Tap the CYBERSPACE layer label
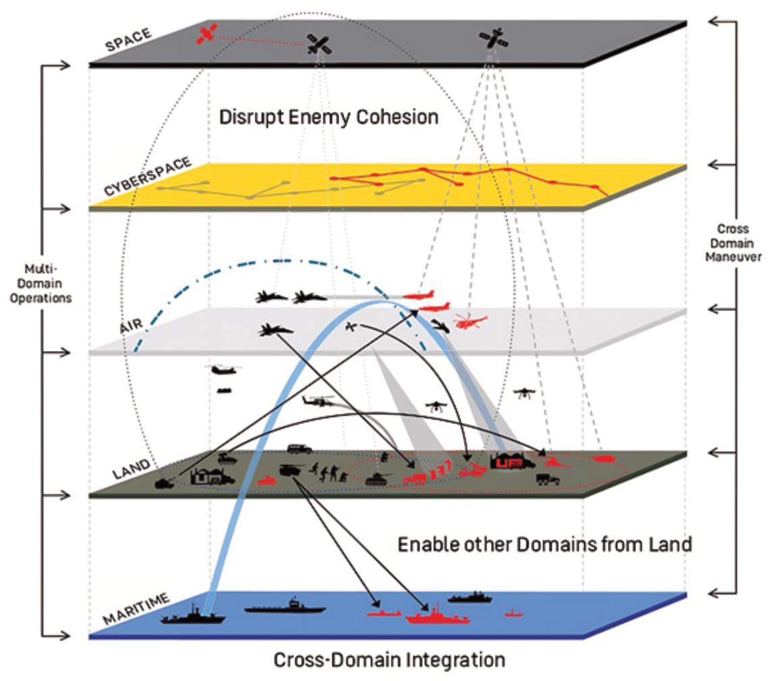point(147,177)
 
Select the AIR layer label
point(132,325)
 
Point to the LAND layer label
point(132,468)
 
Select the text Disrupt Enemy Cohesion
point(329,117)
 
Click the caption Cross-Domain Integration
point(389,659)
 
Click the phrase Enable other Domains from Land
point(544,543)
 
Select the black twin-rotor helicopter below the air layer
point(222,370)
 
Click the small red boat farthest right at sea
point(514,613)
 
